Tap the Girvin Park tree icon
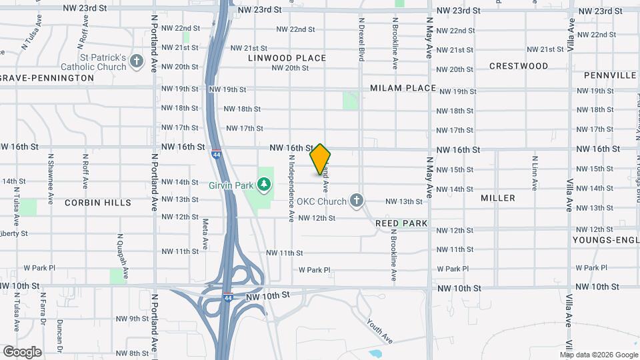coord(265,183)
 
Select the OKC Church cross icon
coord(357,200)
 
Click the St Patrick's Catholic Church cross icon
coord(137,62)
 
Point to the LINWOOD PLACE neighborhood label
coord(287,58)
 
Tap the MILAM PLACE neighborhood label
coord(403,88)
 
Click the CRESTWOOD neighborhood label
coord(519,66)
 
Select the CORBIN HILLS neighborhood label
coord(98,202)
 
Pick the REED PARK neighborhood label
coord(401,223)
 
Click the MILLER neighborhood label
coord(498,198)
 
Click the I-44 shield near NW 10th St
coord(228,297)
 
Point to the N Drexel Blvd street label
coord(361,40)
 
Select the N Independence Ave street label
coord(291,188)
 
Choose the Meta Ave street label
coord(205,231)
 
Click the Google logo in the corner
coord(22,352)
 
